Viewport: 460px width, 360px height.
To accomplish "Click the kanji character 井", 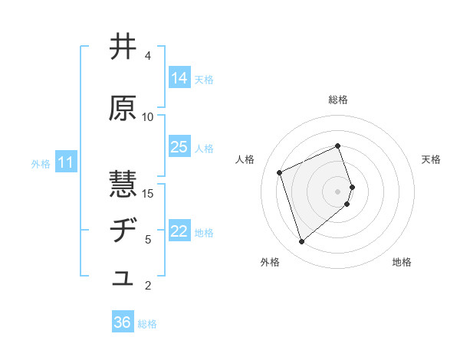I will [x=123, y=47].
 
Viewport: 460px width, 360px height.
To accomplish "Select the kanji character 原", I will [x=123, y=109].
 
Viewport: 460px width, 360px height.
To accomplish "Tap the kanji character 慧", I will [x=123, y=185].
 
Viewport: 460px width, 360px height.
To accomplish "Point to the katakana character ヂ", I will [x=123, y=231].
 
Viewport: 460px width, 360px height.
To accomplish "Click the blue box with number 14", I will [x=179, y=78].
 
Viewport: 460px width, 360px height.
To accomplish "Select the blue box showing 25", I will [x=179, y=147].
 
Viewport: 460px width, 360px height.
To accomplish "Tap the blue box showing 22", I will [x=179, y=232].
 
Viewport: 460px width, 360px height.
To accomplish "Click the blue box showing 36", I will [x=123, y=322].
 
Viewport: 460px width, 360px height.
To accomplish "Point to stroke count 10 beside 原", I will [x=148, y=116].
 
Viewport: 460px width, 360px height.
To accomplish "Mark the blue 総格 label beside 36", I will [x=147, y=324].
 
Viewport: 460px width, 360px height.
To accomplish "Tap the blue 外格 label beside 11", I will [x=41, y=163].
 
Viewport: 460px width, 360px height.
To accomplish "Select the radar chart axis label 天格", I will [x=431, y=159].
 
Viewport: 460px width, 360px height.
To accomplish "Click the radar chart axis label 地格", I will [x=402, y=262].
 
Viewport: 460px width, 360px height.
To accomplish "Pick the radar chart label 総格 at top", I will [x=338, y=100].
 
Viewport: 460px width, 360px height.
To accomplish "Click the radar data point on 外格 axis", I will [x=301, y=242].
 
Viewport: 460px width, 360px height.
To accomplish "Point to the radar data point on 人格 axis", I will [x=280, y=172].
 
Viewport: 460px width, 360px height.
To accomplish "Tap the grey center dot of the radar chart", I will [x=338, y=191].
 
